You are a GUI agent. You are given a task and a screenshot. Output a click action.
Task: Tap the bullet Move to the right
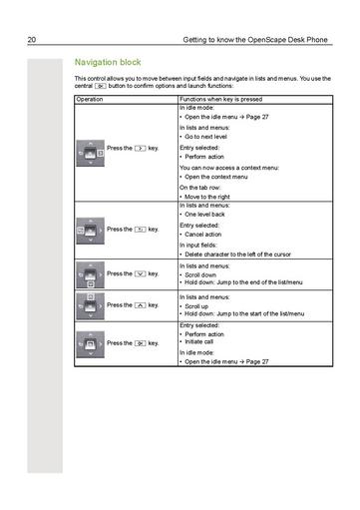pos(216,197)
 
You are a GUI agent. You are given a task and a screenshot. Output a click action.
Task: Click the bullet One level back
pos(212,215)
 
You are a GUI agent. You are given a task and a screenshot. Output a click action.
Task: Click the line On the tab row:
pos(203,188)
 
